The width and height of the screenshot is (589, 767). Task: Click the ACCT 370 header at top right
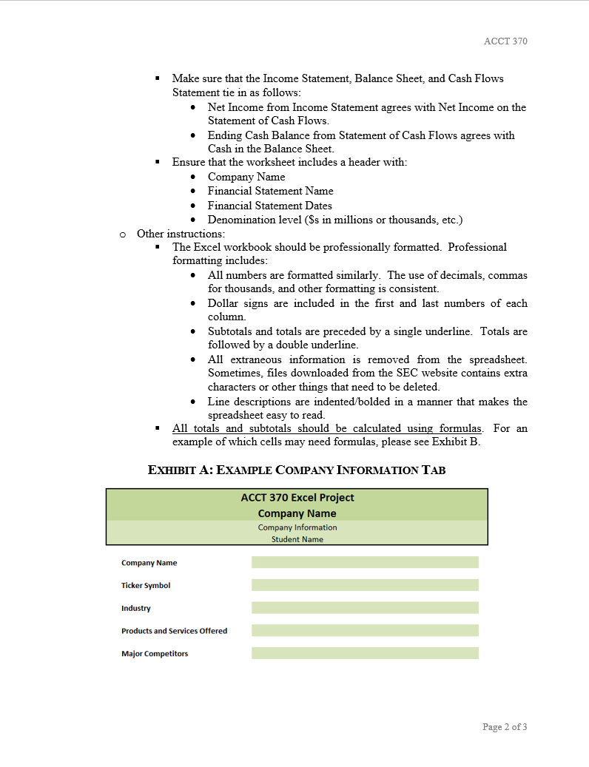(505, 41)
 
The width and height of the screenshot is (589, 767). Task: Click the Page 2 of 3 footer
(505, 727)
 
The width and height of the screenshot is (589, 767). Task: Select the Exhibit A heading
(297, 470)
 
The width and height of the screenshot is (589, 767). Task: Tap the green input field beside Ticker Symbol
(365, 585)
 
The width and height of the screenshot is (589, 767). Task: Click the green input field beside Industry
(365, 608)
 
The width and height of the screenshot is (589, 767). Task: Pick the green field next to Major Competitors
(365, 653)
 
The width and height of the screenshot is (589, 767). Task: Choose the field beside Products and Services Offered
(365, 630)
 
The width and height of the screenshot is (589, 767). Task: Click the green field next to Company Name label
(365, 562)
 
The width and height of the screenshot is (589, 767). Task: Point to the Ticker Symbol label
(146, 586)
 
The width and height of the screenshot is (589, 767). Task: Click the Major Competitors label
(155, 654)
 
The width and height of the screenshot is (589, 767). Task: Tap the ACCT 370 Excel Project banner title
(297, 498)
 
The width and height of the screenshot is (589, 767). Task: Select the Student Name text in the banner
(296, 539)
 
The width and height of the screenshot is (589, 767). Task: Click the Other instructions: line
(181, 234)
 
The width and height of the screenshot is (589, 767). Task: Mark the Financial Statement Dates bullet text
(269, 206)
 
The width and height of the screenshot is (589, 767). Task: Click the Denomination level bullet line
(334, 220)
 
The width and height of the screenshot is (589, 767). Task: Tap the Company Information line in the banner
(297, 527)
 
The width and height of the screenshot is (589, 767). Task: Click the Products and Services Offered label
(174, 631)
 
